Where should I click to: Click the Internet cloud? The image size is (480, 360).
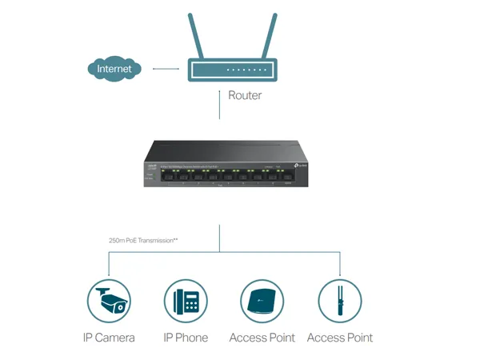pos(114,70)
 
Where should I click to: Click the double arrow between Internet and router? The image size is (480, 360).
pos(166,70)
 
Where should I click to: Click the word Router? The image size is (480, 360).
pos(245,96)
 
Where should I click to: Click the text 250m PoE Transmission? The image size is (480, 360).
pos(142,238)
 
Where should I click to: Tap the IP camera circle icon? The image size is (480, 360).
pos(109,302)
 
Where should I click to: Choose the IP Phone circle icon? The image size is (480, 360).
pos(186,302)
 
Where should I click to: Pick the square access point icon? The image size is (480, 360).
pos(262,302)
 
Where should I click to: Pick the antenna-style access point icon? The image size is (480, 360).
pos(339,302)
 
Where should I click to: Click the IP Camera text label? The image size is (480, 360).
pos(109,338)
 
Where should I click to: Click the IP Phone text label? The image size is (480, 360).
pos(186,338)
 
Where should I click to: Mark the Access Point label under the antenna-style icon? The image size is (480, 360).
pos(339,338)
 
